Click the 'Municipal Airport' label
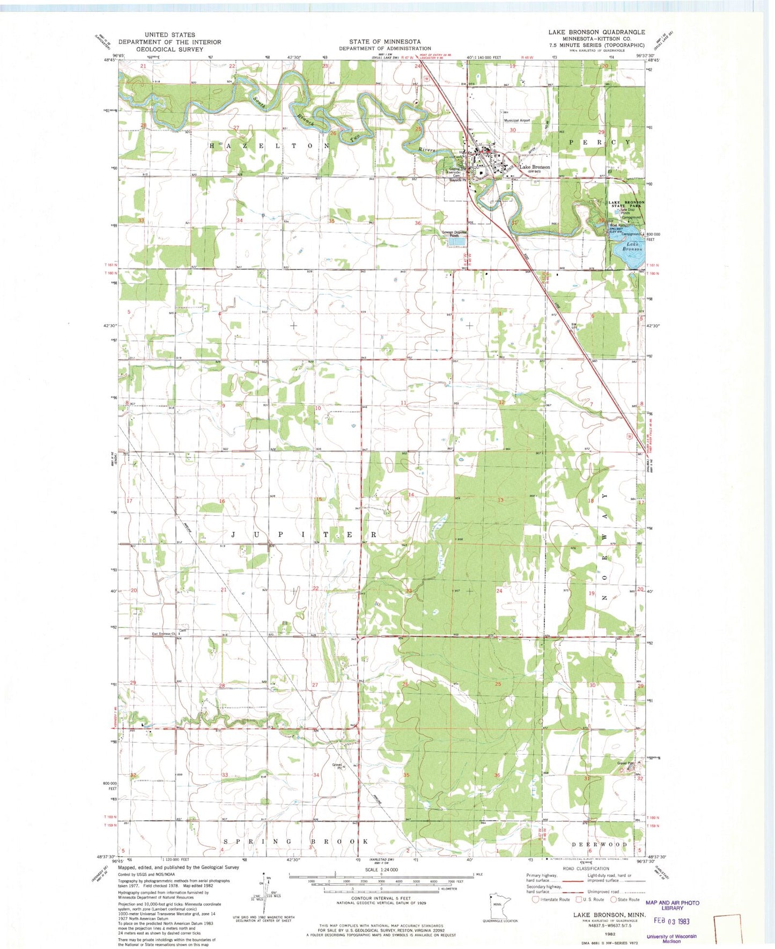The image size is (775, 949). (516, 121)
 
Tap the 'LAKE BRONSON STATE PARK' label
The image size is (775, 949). (626, 204)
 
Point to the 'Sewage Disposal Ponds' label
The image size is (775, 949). (454, 233)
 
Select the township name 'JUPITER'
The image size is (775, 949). (304, 535)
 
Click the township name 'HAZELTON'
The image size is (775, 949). (269, 146)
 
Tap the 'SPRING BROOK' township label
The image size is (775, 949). (296, 841)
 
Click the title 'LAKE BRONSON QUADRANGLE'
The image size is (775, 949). (596, 32)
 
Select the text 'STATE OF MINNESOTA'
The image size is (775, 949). (385, 42)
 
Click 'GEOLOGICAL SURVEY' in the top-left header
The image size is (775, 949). (169, 49)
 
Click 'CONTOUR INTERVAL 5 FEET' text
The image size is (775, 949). (381, 898)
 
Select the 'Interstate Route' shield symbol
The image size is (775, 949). (535, 899)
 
